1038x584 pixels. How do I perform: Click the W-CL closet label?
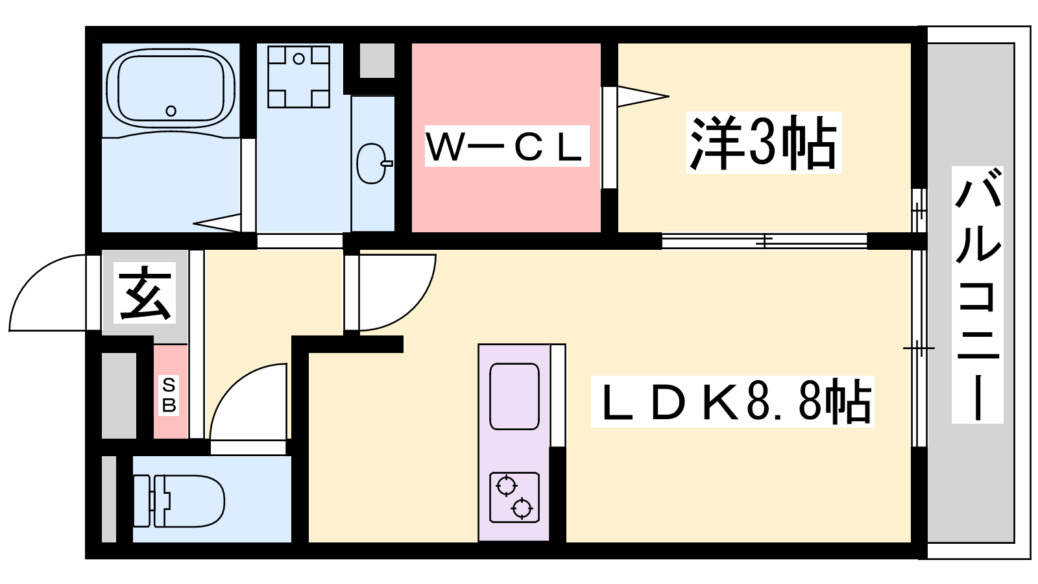(x=507, y=146)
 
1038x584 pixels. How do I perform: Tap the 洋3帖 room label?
(x=763, y=143)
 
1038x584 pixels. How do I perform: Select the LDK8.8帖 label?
(x=732, y=402)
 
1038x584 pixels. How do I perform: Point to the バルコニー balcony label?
(x=977, y=295)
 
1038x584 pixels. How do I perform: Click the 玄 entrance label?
(x=145, y=293)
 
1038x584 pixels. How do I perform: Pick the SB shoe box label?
(x=169, y=395)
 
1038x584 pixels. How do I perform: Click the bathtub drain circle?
(x=171, y=111)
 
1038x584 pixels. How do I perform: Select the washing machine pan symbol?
(x=299, y=77)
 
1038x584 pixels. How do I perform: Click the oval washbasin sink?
(x=371, y=163)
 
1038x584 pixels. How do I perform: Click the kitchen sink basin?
(x=514, y=396)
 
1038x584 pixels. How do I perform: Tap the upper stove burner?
(x=506, y=486)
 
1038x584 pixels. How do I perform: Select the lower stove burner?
(x=522, y=509)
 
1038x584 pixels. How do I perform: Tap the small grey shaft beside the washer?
(x=377, y=61)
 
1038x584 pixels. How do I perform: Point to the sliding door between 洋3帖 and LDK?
(x=765, y=241)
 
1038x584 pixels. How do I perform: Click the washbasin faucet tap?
(x=387, y=163)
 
